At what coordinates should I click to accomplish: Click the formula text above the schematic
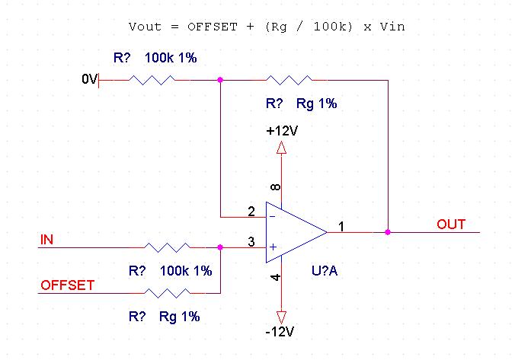coord(267,26)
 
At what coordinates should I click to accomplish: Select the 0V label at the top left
coord(89,79)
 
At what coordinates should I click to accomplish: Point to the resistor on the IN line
coord(168,247)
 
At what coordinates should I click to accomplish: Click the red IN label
coord(46,240)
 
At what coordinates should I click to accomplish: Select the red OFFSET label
coord(67,285)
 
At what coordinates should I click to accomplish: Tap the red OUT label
coord(451,225)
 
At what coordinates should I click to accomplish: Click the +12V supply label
coord(282,131)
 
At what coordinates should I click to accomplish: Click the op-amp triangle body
coord(293,231)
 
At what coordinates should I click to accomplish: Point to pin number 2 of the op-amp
coord(251,211)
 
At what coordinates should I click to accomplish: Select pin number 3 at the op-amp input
coord(251,242)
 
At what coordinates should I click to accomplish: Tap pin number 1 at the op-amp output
coord(341,226)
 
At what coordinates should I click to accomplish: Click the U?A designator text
coord(325,270)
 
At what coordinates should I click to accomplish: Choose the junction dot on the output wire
coord(388,231)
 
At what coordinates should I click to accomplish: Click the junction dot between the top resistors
coord(220,78)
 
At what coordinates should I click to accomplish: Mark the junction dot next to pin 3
coord(220,247)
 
